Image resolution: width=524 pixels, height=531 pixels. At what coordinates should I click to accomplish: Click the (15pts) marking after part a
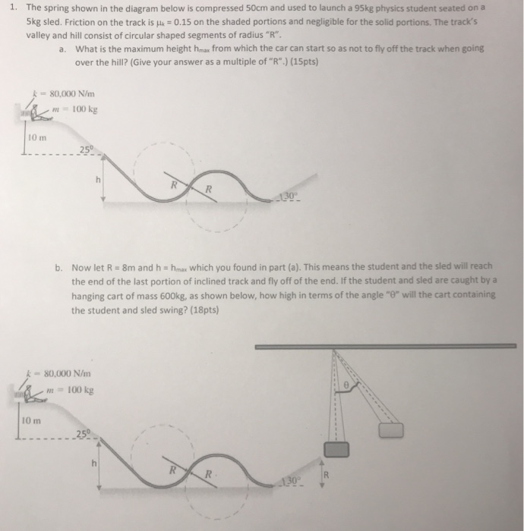pos(303,61)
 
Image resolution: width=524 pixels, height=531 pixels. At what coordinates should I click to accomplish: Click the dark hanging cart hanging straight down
pos(338,449)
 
